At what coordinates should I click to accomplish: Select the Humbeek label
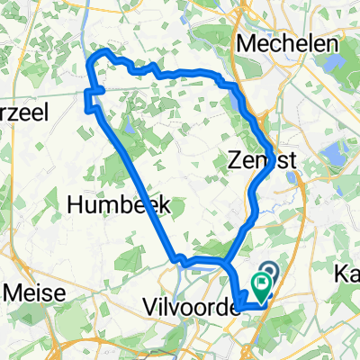pyautogui.click(x=107, y=205)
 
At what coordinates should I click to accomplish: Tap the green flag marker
pyautogui.click(x=263, y=289)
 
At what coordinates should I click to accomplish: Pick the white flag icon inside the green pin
pyautogui.click(x=263, y=286)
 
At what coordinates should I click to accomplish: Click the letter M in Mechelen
pyautogui.click(x=243, y=42)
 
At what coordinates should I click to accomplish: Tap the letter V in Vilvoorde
pyautogui.click(x=149, y=309)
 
